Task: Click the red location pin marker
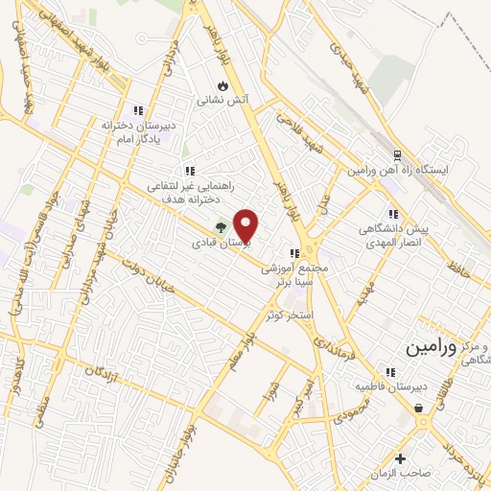click(246, 225)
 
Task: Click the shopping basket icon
click(420, 409)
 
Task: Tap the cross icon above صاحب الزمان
click(401, 458)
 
